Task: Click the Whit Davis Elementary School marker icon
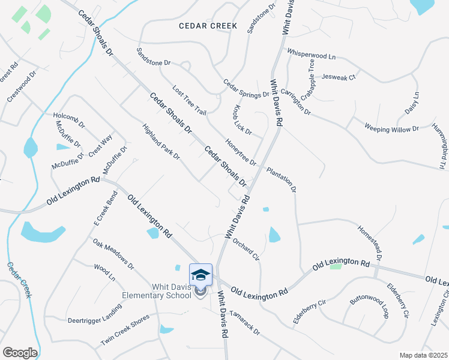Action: click(x=200, y=275)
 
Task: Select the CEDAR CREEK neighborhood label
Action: click(x=208, y=26)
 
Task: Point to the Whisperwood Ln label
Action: click(x=311, y=54)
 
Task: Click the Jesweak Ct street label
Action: click(x=339, y=77)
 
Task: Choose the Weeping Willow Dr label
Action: click(x=391, y=128)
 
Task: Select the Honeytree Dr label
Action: click(x=240, y=152)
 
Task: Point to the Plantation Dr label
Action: click(x=282, y=179)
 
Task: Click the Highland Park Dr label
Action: click(x=161, y=142)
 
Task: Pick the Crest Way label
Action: click(x=100, y=146)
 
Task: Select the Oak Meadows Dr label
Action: click(x=113, y=253)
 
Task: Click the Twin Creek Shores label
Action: click(x=124, y=329)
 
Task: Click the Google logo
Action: click(x=19, y=353)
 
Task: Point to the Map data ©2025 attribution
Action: click(x=423, y=355)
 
